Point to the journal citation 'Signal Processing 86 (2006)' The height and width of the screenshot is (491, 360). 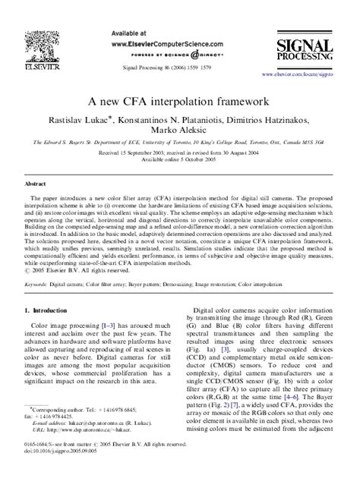click(156, 66)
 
